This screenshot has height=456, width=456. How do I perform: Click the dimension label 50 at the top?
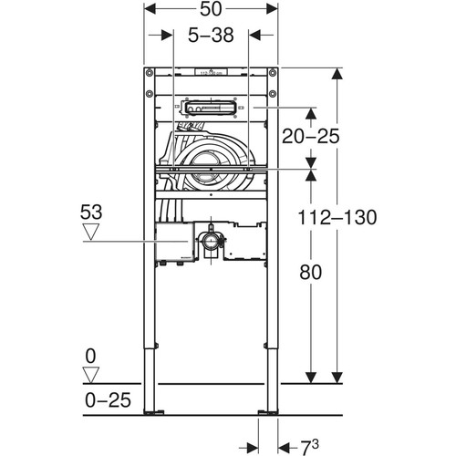pos(211,9)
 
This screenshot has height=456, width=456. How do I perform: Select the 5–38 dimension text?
pos(211,35)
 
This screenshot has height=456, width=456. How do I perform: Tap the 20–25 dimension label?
pos(310,136)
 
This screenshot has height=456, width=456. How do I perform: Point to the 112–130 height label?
pos(337,217)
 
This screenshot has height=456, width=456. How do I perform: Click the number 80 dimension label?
pos(310,272)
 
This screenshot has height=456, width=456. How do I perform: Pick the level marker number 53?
pos(91,212)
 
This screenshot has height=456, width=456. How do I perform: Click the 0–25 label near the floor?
pos(108,400)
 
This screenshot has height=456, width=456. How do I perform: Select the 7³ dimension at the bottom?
pos(310,447)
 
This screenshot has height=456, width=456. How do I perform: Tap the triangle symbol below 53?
pos(91,232)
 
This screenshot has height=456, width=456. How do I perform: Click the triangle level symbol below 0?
pos(91,375)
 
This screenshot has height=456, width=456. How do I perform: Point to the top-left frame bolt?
pos(150,73)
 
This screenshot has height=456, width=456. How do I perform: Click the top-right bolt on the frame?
pos(273,73)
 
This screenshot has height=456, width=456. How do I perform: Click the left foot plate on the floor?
pos(154,412)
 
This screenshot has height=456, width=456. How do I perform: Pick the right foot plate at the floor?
pos(268,412)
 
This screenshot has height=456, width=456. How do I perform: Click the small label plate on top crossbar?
pos(211,72)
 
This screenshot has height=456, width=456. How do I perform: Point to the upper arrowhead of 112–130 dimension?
pos(337,74)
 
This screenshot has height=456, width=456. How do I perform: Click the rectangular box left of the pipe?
pos(174,242)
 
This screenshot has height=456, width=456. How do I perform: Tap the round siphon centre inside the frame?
pos(203,169)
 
